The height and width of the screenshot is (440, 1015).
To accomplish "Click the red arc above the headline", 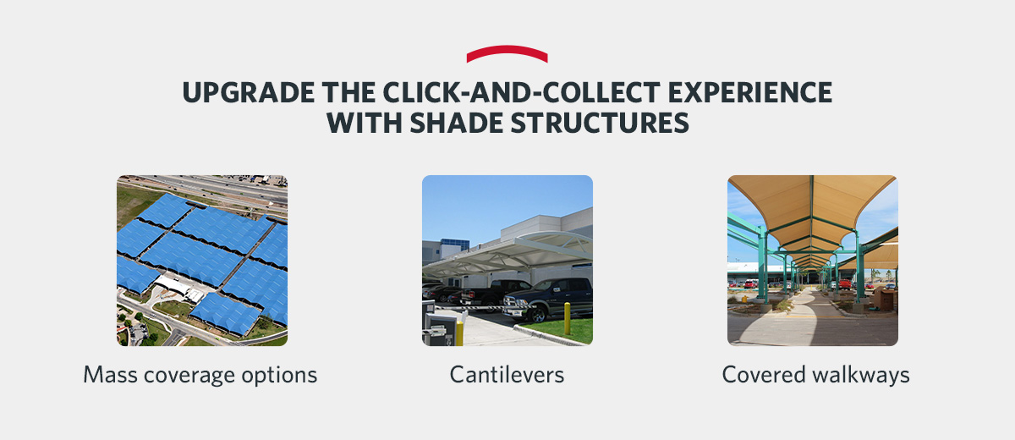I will coord(507,52).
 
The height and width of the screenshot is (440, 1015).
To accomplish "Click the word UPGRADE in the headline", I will coord(233,92).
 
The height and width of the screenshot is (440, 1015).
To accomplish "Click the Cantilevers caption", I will coord(507,375).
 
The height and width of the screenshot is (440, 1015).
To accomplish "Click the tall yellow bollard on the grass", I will coord(568,320).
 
